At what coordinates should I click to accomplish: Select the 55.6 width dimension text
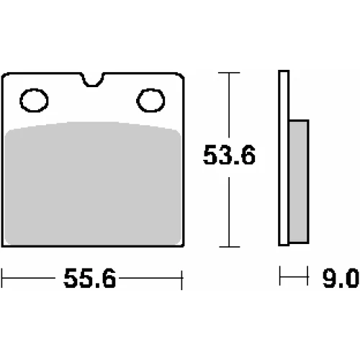[x=90, y=279]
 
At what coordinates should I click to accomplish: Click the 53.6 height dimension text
[x=229, y=155]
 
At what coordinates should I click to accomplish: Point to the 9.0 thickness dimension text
[x=341, y=279]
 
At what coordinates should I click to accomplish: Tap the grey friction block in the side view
[x=299, y=181]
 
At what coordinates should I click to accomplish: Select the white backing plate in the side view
[x=284, y=158]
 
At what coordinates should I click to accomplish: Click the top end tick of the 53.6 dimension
[x=229, y=73]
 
